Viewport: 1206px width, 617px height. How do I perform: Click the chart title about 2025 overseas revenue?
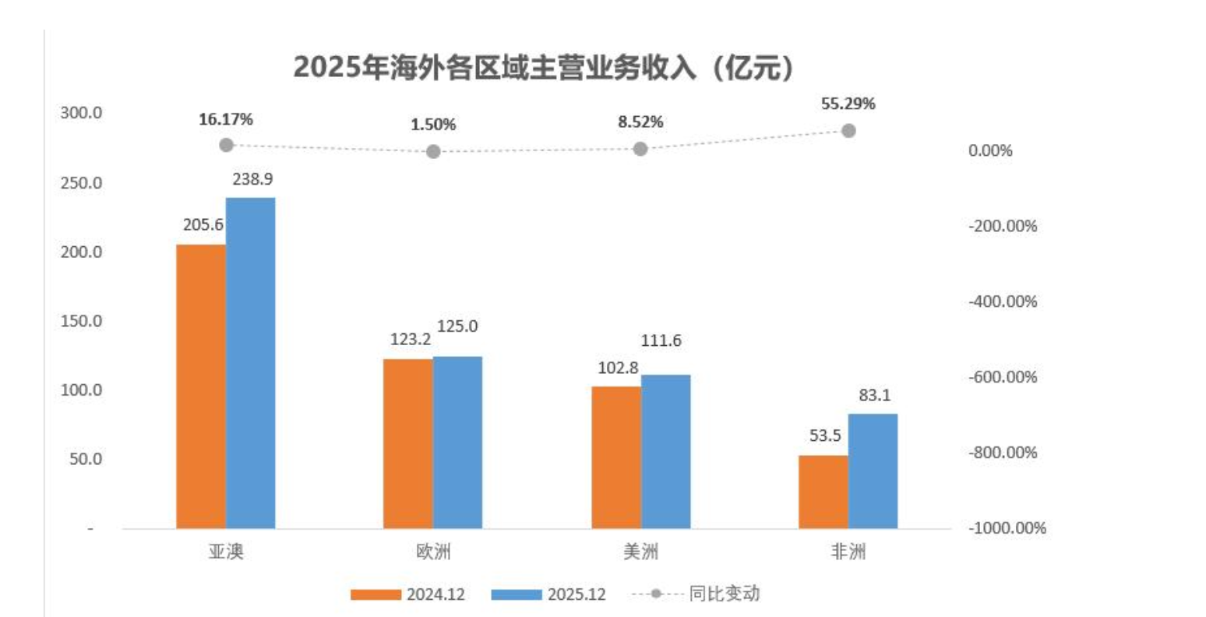(x=545, y=69)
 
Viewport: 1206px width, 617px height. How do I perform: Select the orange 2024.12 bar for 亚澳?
(x=201, y=386)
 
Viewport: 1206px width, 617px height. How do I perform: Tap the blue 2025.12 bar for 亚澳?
(x=251, y=363)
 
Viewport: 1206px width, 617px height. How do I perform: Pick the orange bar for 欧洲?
(x=408, y=443)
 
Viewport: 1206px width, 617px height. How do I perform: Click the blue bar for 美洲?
(x=666, y=451)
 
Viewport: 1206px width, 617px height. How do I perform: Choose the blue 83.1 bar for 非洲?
(x=873, y=471)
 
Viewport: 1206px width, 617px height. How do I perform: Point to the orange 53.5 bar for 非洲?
(x=823, y=492)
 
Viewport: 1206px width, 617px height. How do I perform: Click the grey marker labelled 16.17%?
(x=227, y=145)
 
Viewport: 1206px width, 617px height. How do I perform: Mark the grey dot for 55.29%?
(x=848, y=131)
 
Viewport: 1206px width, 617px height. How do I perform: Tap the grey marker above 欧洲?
(x=433, y=151)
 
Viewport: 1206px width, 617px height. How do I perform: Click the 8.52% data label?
(x=640, y=122)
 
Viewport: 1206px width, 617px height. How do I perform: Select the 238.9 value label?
(x=252, y=179)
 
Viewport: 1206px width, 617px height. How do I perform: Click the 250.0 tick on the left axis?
(x=81, y=183)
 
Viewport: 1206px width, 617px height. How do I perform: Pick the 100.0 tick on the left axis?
(x=81, y=390)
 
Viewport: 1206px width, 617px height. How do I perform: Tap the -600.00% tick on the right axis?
(x=1003, y=377)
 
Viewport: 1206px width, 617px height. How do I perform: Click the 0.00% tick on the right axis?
(x=990, y=150)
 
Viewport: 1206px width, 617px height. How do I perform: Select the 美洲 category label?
(x=640, y=552)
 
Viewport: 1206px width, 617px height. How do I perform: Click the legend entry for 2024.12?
(x=408, y=594)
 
